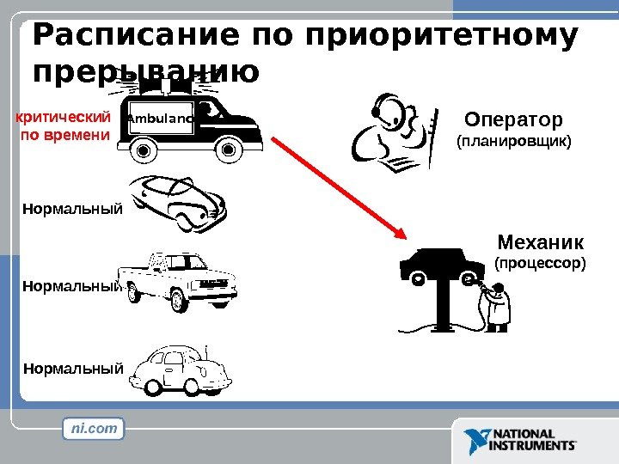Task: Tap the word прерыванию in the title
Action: (x=147, y=72)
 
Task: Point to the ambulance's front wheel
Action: (x=228, y=150)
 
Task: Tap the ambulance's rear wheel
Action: (x=142, y=150)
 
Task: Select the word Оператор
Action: (x=512, y=118)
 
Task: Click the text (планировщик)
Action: (x=512, y=140)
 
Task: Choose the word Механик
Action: (x=541, y=240)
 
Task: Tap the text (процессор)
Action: (x=540, y=261)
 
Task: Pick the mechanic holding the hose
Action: (x=496, y=305)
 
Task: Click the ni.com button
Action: (x=94, y=428)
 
